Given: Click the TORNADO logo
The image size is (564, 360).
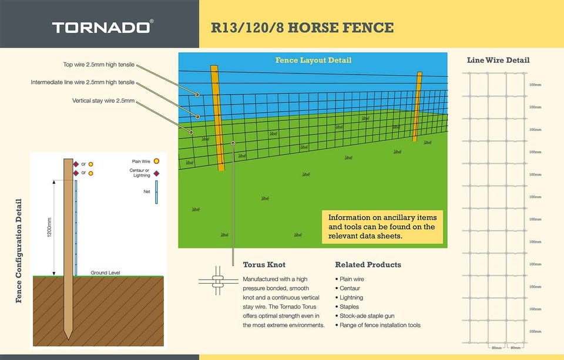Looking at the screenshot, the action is point(102,28).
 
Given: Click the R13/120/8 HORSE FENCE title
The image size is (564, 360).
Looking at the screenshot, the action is point(302,28).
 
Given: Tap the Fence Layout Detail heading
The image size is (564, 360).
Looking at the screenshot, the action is point(313,60).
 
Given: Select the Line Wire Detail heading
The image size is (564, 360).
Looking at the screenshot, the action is point(498,60).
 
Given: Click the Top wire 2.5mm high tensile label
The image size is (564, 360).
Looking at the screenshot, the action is point(99,65).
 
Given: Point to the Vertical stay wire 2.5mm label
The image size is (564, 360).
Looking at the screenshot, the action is point(103,100).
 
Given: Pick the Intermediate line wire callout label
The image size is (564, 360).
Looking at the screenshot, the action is point(83,82).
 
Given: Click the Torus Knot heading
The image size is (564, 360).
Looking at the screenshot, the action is point(264,265).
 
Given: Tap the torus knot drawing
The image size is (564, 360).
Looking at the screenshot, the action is point(218,281).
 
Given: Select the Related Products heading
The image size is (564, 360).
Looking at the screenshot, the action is point(368,265).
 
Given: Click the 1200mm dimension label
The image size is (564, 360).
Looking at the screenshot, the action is point(49,227).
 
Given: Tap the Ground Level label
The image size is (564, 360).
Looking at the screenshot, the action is point(105,272).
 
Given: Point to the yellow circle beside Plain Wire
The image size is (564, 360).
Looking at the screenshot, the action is point(156,161).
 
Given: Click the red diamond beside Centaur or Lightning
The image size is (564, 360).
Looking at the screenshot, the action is point(156,173).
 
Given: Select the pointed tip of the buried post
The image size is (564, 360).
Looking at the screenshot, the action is point(68,339).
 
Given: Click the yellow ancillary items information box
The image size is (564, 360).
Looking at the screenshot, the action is point(382,227).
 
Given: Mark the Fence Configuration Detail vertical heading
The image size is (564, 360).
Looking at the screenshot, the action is point(19,251).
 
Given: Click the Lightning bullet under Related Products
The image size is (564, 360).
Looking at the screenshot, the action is point(351,298).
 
